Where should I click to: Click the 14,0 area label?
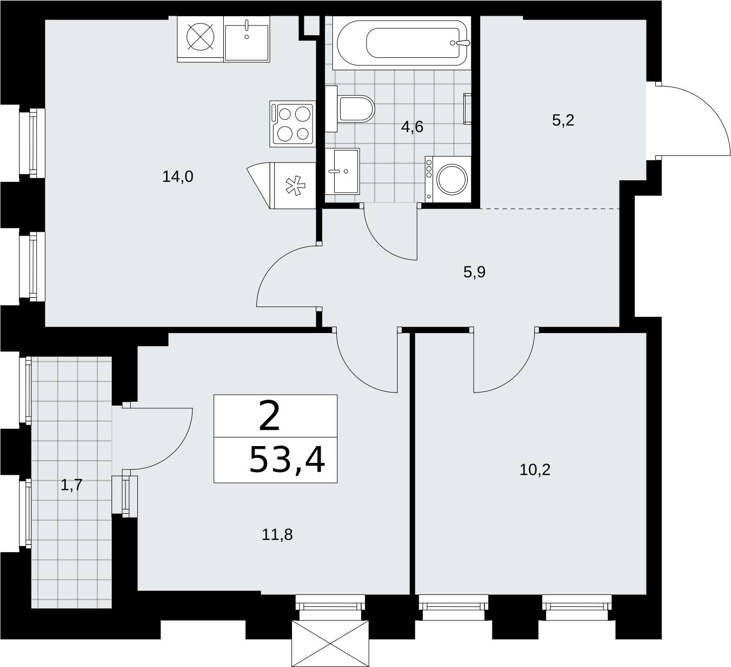coord(177,177)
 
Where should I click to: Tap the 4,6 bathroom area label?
coord(412,127)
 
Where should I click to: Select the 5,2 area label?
coord(563,120)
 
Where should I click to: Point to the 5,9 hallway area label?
coord(475,272)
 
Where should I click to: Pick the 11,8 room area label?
coord(277,534)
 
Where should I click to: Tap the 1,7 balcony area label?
coord(71,485)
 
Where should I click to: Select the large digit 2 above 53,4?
coord(269,416)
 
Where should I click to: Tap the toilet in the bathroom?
coord(350,109)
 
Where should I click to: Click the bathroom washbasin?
coord(342,171)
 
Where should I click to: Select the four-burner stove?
coord(293,124)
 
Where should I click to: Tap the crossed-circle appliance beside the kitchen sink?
coord(200,37)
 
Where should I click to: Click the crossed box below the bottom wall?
coord(330,644)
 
